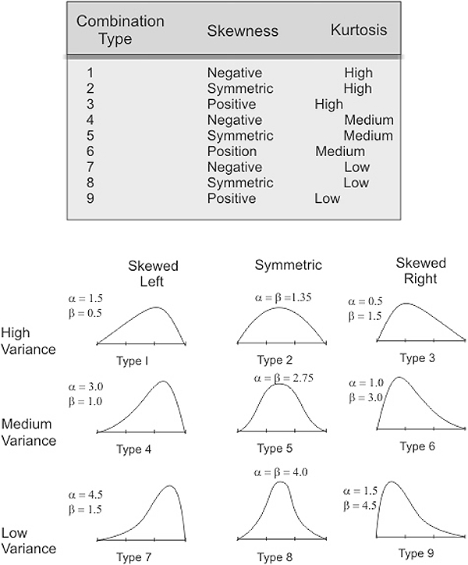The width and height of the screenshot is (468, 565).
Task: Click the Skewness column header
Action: [x=243, y=31]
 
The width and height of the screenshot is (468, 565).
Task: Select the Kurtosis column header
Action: [x=359, y=30]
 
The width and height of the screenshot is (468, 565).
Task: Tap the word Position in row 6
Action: [x=232, y=151]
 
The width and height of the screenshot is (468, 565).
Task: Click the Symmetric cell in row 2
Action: [x=240, y=89]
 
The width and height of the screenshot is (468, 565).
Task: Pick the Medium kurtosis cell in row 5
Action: [x=368, y=136]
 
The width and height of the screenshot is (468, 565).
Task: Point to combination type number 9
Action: [x=90, y=198]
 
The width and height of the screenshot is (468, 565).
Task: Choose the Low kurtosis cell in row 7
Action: [x=356, y=167]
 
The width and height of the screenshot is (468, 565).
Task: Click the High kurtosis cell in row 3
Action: [x=329, y=104]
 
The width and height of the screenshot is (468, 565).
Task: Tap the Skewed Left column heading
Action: [x=153, y=273]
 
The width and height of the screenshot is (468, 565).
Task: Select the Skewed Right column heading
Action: [x=420, y=271]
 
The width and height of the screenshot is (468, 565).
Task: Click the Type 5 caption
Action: [x=275, y=448]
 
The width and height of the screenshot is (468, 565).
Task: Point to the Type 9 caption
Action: [x=416, y=553]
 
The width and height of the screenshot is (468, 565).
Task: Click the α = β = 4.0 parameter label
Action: [x=281, y=472]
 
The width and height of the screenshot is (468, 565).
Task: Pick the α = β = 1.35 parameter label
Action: [x=283, y=297]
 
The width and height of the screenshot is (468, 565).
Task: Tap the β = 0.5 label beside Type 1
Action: [x=85, y=313]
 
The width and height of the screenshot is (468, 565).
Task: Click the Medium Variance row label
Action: [x=28, y=432]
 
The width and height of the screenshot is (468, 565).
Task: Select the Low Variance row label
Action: [x=28, y=541]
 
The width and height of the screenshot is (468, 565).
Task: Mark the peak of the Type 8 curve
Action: [x=280, y=481]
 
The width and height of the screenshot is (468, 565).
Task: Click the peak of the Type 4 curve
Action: [x=163, y=382]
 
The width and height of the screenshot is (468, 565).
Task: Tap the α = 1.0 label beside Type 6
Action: [x=366, y=382]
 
